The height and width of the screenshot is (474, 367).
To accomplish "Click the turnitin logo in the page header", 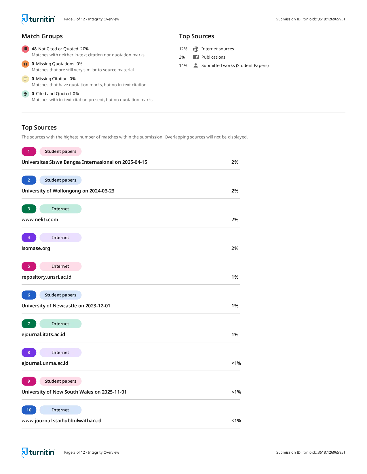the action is pos(38,19).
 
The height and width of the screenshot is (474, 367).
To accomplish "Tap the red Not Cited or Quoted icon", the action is pos(25,49).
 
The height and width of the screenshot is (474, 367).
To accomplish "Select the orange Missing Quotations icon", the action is pos(25,64).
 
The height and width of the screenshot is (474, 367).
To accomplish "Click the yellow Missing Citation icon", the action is pos(25,79).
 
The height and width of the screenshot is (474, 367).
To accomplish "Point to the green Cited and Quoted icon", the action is pos(25,94).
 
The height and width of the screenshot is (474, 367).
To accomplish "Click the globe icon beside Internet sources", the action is pos(196,49).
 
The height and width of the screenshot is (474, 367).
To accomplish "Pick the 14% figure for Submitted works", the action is pos(183,65).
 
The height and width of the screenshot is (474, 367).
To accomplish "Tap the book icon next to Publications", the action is pos(196,57).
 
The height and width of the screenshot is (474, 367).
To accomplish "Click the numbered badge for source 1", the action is pos(29,151).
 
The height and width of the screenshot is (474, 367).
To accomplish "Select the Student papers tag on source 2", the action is pos(60,180).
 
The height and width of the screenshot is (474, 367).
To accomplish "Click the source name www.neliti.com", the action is pos(40,219).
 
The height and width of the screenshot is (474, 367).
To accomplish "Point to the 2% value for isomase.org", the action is pos(235,248).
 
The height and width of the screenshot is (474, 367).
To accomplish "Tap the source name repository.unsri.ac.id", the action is pos(46,277).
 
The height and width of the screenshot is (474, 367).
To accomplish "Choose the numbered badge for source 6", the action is pos(29,295).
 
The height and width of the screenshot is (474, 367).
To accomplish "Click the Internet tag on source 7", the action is pos(60,324).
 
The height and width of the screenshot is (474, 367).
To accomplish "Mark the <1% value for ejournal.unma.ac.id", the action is pos(236,363).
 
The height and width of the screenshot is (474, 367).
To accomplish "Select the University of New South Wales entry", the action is pos(74,392).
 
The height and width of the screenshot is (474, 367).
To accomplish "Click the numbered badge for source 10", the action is pos(29,410).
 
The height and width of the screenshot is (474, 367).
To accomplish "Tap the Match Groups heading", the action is pos(42,36).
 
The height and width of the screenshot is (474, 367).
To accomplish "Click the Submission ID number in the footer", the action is pos(324,452).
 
